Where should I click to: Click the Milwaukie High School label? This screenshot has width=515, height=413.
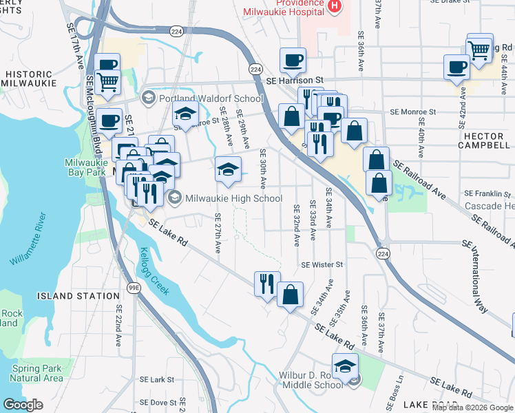(233, 199)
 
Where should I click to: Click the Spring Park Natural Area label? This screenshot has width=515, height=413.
(36, 373)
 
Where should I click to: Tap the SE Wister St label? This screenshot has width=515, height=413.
(322, 264)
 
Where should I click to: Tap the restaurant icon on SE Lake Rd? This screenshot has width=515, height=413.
(266, 284)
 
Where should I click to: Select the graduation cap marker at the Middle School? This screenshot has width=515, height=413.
(345, 366)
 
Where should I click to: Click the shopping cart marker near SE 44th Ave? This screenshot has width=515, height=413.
(479, 47)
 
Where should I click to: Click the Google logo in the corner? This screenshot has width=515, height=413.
(23, 405)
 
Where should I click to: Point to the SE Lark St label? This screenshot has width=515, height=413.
(157, 379)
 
